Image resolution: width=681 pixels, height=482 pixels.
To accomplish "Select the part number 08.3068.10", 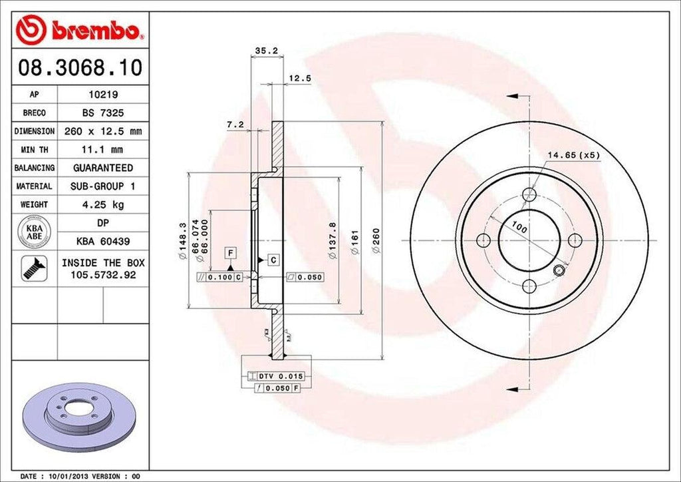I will click(x=79, y=68).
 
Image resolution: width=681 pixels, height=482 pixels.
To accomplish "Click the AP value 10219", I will click(x=102, y=95).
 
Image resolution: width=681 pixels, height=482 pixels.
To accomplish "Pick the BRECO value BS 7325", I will click(x=102, y=113).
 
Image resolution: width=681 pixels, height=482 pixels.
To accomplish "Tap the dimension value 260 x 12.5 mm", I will click(x=102, y=132).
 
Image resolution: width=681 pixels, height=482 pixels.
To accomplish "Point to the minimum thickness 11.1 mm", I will click(x=102, y=150).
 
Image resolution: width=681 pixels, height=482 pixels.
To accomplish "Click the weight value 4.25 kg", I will click(x=102, y=204).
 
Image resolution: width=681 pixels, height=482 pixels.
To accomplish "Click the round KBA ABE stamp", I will click(x=35, y=230).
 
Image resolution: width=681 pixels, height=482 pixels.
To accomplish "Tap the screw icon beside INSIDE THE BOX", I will click(x=33, y=267).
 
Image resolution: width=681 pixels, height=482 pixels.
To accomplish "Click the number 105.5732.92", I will click(x=102, y=274).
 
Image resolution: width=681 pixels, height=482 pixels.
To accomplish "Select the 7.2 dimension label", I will click(x=235, y=124).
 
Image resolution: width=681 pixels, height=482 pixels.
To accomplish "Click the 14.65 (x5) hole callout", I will click(x=573, y=155).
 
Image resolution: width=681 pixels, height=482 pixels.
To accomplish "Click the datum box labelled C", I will click(x=273, y=259).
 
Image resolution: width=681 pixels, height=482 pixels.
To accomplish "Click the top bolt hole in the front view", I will click(x=529, y=194).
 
